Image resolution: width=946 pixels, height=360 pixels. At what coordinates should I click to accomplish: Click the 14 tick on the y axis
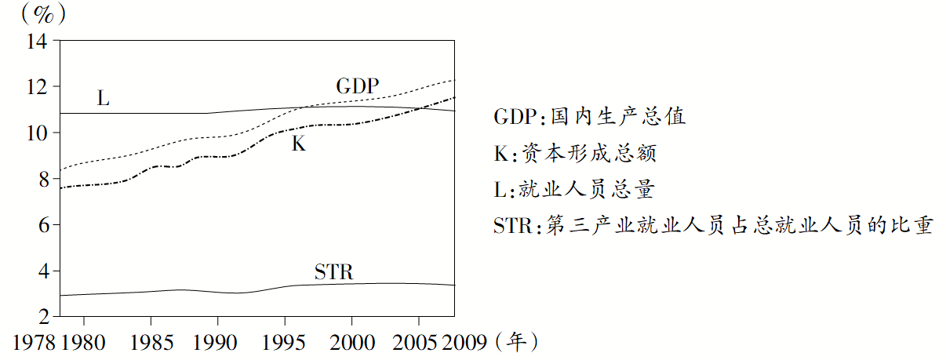(x=37, y=41)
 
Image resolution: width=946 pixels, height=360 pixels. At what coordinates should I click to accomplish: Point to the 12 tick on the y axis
(x=37, y=87)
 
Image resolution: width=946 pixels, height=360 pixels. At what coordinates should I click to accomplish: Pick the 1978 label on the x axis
(x=35, y=343)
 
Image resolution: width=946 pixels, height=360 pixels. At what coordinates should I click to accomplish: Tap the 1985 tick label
(x=150, y=343)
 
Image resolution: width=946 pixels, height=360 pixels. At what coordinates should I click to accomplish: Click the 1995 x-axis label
(x=284, y=343)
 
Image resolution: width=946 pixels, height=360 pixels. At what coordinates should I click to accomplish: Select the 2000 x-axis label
(x=351, y=343)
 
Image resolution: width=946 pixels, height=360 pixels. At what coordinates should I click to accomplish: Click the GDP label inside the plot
(x=357, y=85)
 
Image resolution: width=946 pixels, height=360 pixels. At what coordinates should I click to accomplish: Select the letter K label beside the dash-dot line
(x=298, y=144)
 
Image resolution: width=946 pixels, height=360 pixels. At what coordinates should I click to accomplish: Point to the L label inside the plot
(x=103, y=99)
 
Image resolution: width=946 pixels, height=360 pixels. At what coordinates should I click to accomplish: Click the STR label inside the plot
(x=334, y=272)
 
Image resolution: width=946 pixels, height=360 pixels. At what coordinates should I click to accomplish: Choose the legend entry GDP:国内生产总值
(x=590, y=117)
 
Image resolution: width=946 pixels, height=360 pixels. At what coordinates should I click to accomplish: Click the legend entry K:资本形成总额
(x=575, y=154)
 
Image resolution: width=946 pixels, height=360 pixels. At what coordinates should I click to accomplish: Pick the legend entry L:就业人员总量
(x=574, y=190)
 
